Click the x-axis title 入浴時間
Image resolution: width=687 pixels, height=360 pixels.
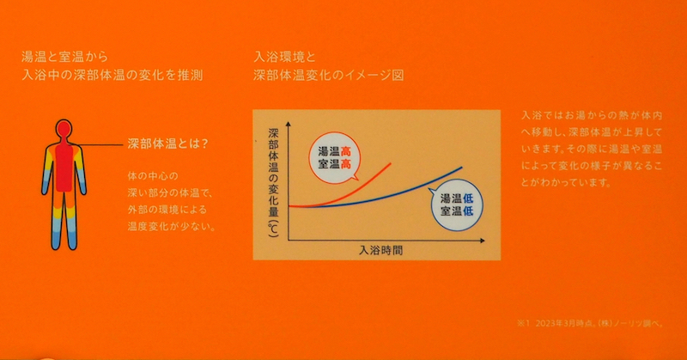click(380, 251)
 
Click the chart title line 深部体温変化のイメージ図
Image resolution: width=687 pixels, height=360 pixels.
click(329, 76)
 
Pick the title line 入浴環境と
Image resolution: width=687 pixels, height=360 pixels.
click(287, 56)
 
